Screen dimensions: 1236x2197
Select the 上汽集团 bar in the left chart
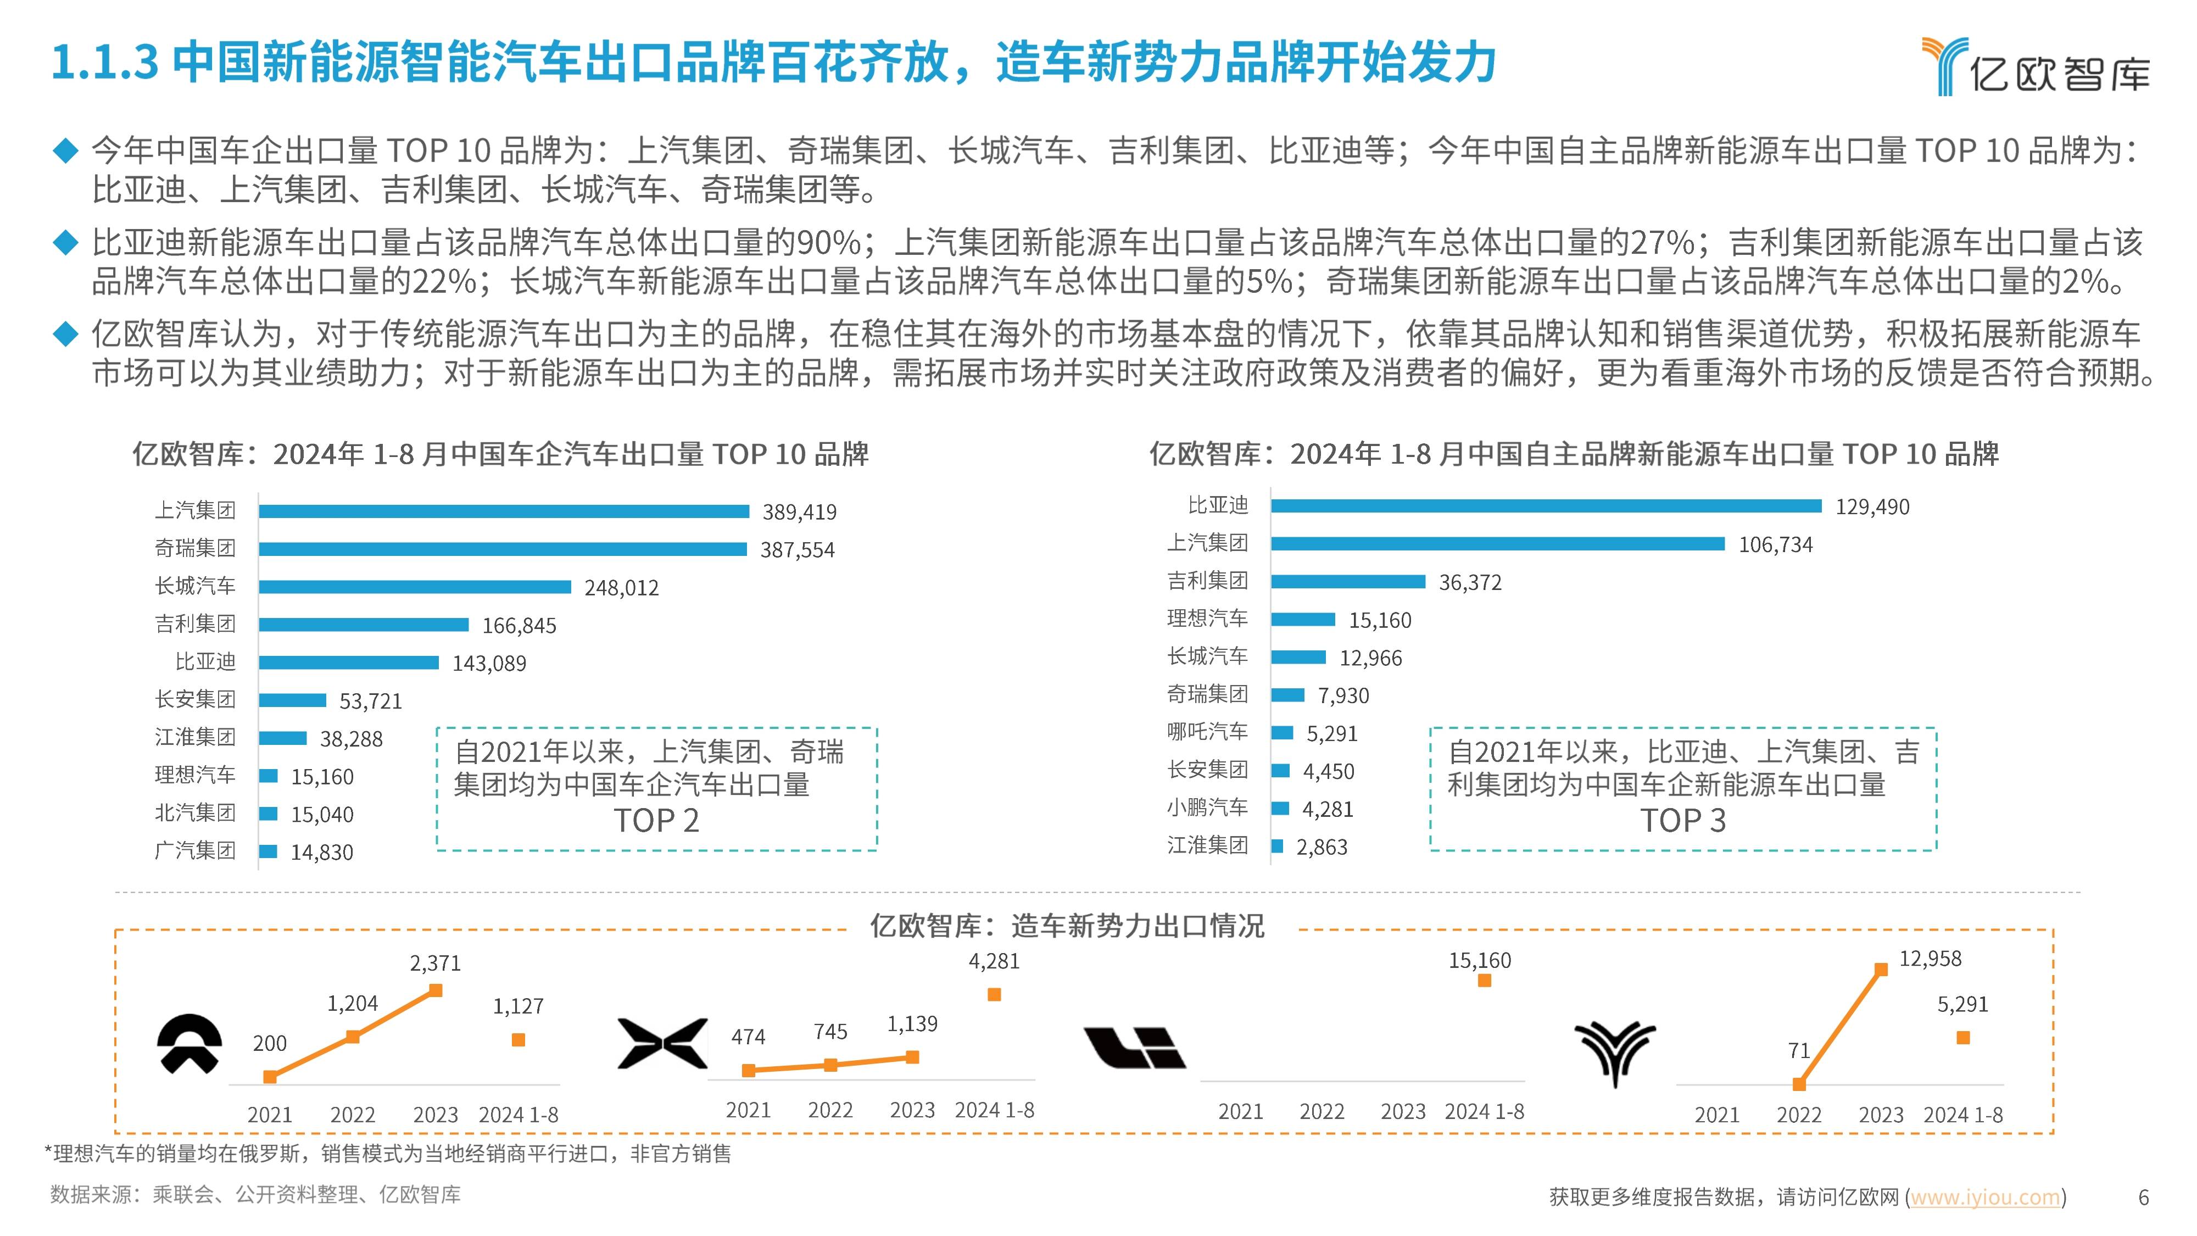click(x=503, y=511)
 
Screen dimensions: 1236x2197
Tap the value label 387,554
click(x=796, y=550)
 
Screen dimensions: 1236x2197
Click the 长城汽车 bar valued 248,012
click(x=415, y=587)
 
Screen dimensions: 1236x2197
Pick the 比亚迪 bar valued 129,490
click(x=1546, y=506)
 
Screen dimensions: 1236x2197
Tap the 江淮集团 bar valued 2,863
click(x=1277, y=846)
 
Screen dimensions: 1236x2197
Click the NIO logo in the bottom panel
click(x=189, y=1044)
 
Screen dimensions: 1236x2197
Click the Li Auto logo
click(x=1134, y=1048)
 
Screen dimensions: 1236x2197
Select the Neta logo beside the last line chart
click(x=1614, y=1052)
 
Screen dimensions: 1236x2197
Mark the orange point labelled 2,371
click(x=436, y=990)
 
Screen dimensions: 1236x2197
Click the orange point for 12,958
click(x=1881, y=969)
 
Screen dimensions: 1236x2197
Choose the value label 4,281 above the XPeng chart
click(x=994, y=961)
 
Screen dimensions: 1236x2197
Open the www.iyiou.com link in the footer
click(x=1984, y=1197)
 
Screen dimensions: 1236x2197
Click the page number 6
click(x=2143, y=1198)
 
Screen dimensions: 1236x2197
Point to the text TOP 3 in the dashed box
click(x=1683, y=821)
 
